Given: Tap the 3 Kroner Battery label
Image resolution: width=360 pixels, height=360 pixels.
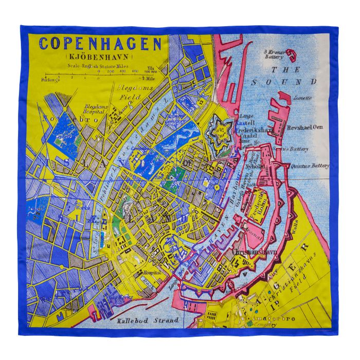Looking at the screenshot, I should click(272, 55).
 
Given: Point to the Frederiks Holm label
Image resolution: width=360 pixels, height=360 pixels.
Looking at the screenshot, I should click(259, 200).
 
